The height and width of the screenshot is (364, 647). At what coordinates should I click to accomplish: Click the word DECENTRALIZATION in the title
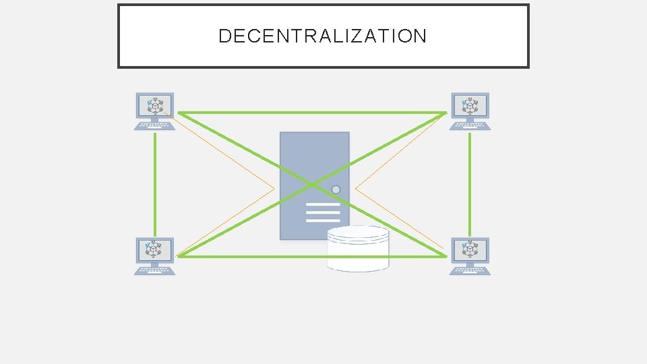(322, 36)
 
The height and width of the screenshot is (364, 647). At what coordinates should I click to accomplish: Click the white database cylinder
(358, 249)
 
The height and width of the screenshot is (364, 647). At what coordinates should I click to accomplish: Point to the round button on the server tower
(336, 190)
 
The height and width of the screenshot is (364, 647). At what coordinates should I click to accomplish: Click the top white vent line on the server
(323, 204)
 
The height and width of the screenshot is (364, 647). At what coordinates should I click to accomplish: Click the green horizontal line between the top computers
(310, 113)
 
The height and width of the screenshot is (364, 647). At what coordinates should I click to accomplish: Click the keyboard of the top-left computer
(154, 125)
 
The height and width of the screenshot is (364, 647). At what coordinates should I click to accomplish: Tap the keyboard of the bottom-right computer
(470, 270)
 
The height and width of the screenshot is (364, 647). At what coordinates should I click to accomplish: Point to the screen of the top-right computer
(470, 105)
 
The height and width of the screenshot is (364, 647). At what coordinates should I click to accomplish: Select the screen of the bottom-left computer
(154, 250)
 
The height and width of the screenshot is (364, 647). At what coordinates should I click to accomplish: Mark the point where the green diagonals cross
(311, 184)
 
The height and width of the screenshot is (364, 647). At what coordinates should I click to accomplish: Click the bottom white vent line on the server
(323, 220)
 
